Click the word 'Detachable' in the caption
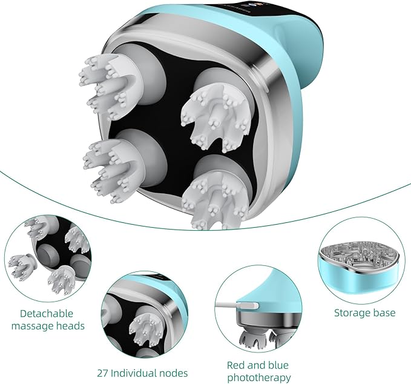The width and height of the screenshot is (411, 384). click(47, 314)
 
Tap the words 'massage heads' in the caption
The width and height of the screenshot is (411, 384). click(48, 326)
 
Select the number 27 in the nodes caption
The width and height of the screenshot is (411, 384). click(102, 373)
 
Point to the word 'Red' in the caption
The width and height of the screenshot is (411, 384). click(236, 365)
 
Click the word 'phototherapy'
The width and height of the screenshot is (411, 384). click(259, 378)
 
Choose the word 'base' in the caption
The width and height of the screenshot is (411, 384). click(384, 313)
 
